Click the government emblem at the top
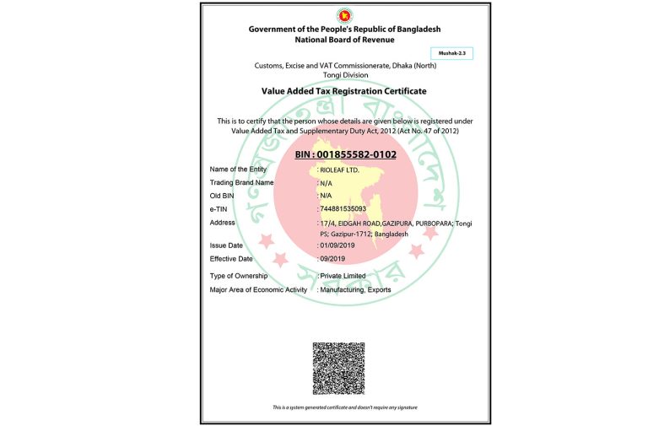(344, 15)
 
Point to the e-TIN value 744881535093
(342, 208)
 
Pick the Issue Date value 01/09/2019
(337, 245)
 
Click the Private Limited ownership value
(343, 277)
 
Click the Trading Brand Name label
(241, 182)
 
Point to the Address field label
(223, 223)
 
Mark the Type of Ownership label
(239, 277)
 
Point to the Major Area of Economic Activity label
(257, 290)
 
